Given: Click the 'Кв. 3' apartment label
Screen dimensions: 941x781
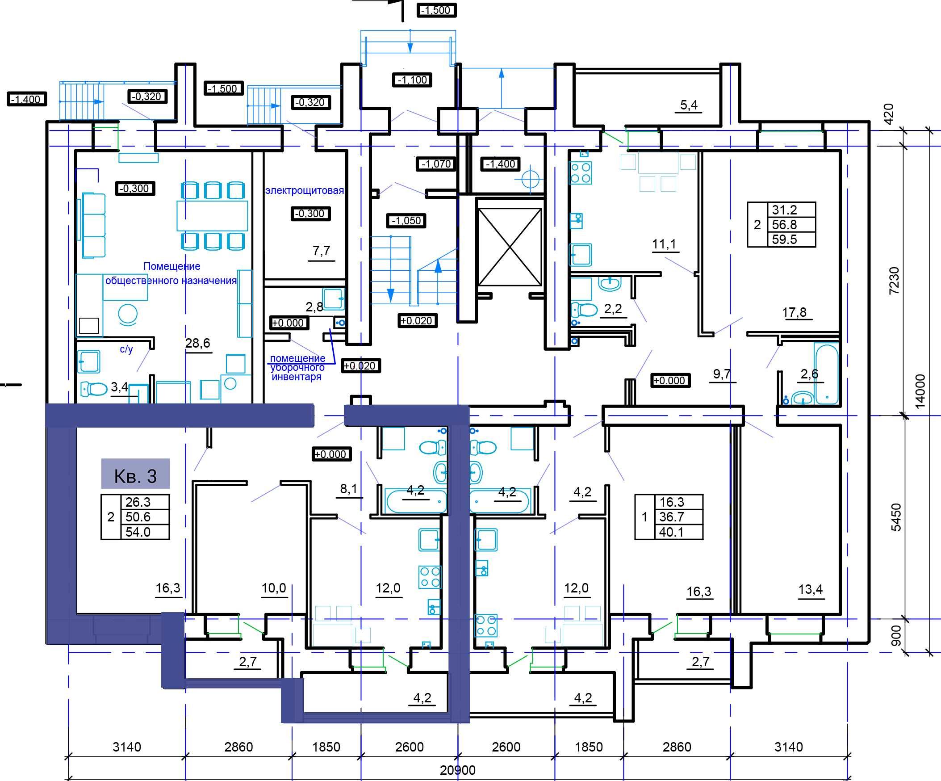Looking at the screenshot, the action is [135, 476].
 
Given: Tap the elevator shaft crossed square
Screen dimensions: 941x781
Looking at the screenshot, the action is [510, 247].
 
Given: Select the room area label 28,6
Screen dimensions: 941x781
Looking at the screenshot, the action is [197, 343].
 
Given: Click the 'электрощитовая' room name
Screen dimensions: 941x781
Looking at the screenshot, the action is [305, 190].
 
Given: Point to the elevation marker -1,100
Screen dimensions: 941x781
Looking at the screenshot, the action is [412, 80].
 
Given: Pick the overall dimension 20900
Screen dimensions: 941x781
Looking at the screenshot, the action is [457, 770].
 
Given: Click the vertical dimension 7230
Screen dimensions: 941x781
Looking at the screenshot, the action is [894, 280].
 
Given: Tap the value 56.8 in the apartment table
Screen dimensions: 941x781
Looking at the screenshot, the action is [784, 224].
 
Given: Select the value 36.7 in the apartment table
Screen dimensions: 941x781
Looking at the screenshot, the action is [671, 517].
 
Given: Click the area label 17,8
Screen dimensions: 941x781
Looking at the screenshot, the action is [795, 312].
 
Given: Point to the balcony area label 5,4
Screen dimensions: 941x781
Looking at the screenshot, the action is [689, 105].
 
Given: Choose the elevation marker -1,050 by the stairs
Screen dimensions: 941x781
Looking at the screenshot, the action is [406, 221].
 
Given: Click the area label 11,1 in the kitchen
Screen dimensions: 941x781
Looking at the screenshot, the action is [664, 244].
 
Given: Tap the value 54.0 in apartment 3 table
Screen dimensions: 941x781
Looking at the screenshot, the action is [138, 532].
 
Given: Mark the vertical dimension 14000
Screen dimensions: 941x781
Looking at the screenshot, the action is [920, 391].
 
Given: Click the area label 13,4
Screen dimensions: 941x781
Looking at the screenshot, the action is [811, 589].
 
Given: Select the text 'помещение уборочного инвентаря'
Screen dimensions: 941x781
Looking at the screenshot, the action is [297, 368].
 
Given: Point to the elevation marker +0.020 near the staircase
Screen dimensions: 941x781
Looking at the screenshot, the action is [417, 321].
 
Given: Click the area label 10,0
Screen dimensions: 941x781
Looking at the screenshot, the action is [274, 588].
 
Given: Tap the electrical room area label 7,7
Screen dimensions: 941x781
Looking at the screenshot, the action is [321, 251].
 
